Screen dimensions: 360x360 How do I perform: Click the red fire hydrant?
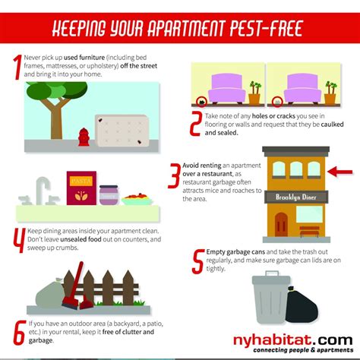(84, 138)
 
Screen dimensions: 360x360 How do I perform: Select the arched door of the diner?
(282, 224)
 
